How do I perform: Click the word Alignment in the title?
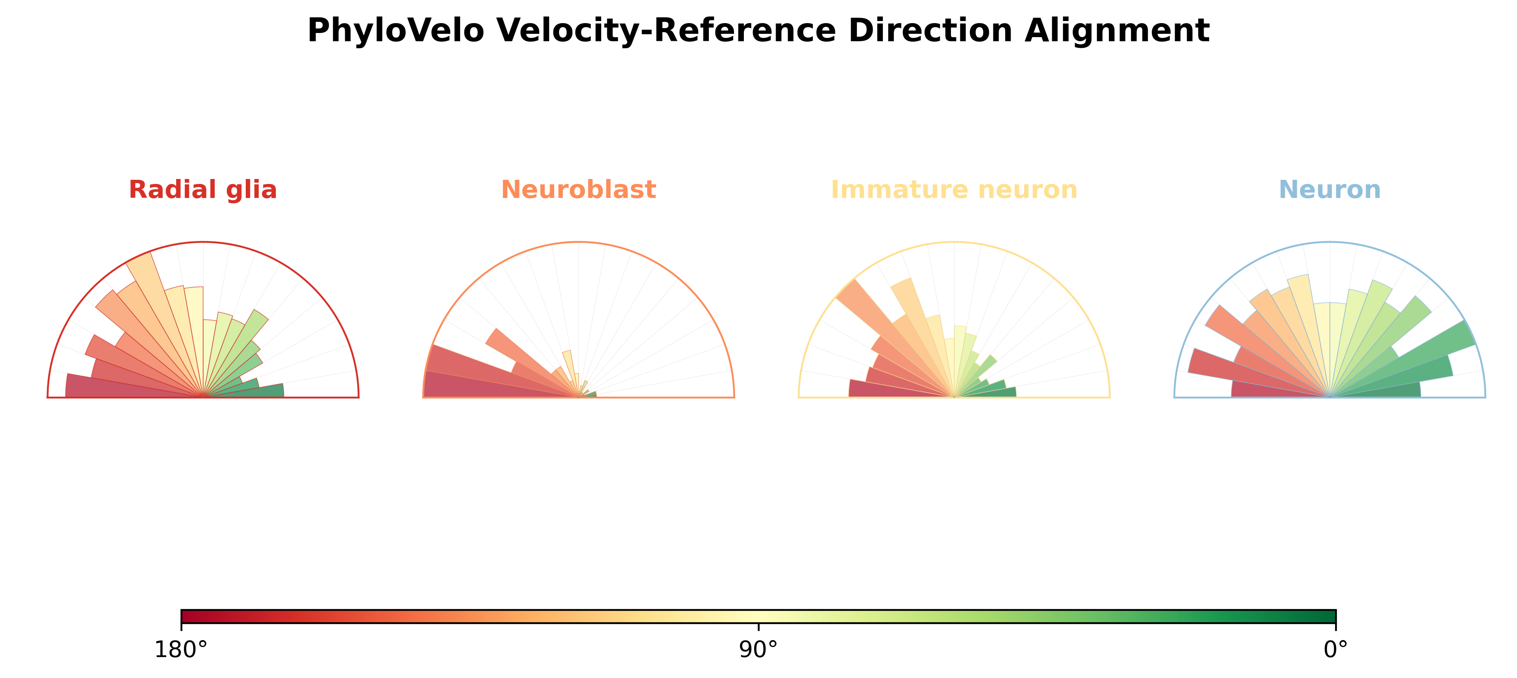tap(1117, 31)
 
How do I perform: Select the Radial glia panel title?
tap(202, 190)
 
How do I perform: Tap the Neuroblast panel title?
tap(578, 190)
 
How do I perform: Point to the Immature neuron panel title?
tap(954, 190)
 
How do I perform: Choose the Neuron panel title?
tap(1330, 190)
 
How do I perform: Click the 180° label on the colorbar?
tap(181, 650)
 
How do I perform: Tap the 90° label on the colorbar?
tap(759, 650)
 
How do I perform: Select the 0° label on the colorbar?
tap(1336, 650)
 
